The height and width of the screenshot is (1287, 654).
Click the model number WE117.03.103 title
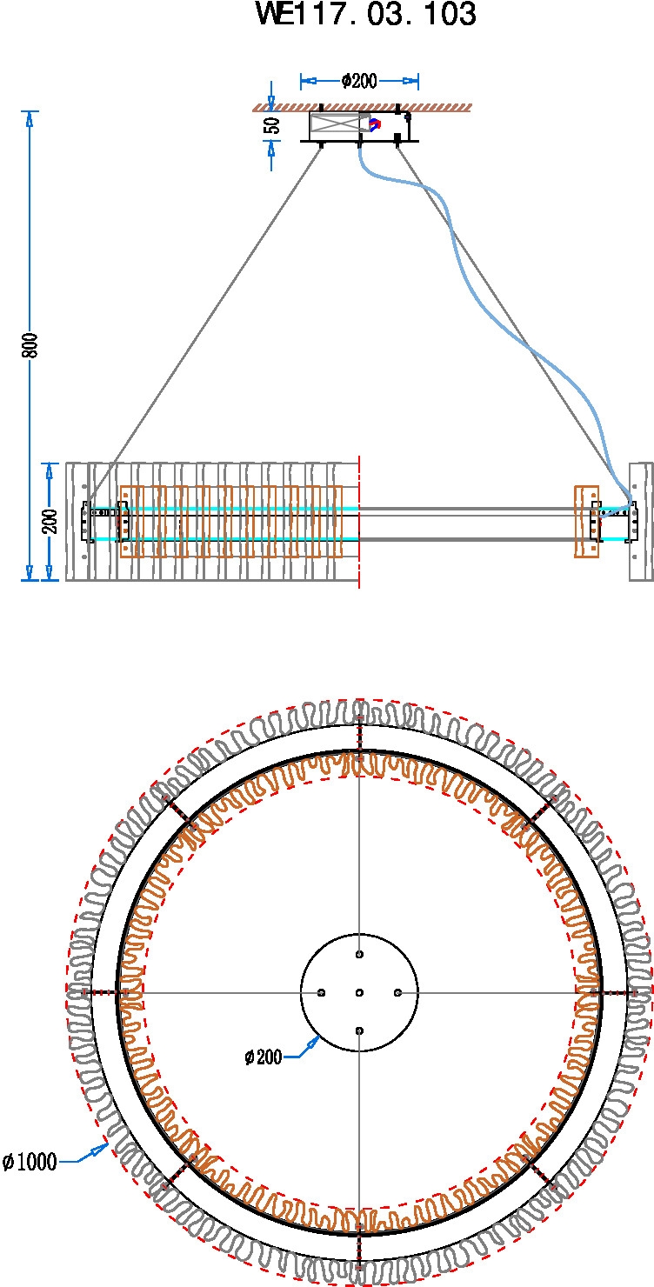[366, 16]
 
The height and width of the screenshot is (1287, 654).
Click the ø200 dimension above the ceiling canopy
[359, 82]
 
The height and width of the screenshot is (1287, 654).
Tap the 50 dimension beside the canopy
[273, 125]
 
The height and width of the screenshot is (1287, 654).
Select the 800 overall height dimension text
[30, 345]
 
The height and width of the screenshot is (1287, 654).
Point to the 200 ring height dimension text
[50, 521]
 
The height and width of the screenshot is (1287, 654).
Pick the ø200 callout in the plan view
[264, 1057]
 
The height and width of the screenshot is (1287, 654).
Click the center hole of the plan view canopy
[359, 992]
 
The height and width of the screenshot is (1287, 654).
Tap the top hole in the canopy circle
[359, 955]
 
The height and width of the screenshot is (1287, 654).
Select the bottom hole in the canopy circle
[359, 1030]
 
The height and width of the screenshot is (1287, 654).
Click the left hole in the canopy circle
[322, 992]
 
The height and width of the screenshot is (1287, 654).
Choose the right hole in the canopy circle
[397, 992]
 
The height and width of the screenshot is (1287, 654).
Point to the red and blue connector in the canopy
[375, 124]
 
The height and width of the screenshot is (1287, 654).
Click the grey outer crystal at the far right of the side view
[641, 521]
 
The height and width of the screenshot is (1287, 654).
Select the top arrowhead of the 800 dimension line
[30, 118]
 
